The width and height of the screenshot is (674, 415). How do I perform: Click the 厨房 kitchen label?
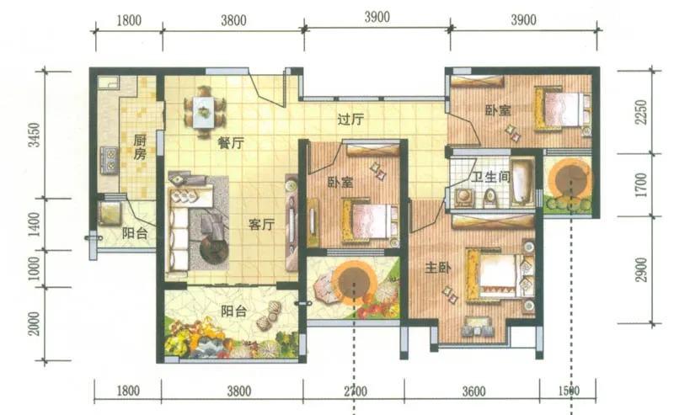(140, 147)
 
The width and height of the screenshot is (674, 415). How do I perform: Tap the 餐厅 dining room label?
(231, 143)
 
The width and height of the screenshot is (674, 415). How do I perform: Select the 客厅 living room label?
(261, 224)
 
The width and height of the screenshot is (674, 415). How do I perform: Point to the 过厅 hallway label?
(350, 119)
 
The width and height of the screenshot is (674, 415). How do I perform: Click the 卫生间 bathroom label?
(490, 177)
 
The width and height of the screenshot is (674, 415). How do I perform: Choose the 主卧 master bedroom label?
(438, 268)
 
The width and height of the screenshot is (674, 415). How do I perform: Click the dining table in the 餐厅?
(204, 112)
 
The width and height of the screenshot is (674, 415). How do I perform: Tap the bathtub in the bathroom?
(522, 183)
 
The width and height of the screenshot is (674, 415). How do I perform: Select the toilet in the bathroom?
(489, 198)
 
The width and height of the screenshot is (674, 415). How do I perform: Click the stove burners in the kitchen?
(110, 159)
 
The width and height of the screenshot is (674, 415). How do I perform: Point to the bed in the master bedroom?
(501, 274)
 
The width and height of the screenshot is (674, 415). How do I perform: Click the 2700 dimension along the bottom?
(356, 391)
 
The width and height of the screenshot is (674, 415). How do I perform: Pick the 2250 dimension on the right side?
(641, 112)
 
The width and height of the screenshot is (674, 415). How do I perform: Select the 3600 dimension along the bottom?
(473, 391)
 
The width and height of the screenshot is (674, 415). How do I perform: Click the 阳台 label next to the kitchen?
(135, 233)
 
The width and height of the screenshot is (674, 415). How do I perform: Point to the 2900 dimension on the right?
(641, 270)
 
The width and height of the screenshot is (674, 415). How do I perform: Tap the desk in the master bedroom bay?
(476, 326)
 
